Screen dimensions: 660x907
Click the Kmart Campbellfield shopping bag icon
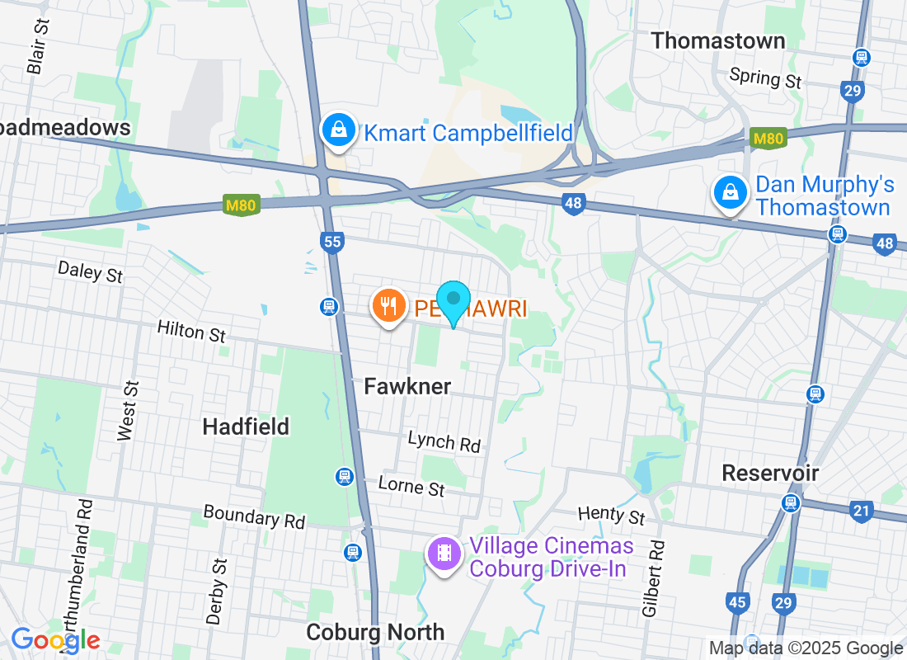tap(338, 130)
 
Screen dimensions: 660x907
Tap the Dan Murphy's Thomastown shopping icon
tap(730, 193)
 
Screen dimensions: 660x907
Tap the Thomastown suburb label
tap(717, 40)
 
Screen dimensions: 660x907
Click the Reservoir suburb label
tap(770, 473)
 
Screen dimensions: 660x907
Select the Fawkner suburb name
tap(407, 386)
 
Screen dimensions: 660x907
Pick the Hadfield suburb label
tap(246, 426)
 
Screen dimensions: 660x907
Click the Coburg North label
tap(375, 632)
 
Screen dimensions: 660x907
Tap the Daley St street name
tap(91, 271)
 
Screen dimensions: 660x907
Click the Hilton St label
tap(191, 332)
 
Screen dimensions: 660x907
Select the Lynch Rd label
tap(444, 441)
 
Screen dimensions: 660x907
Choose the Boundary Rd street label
tap(254, 517)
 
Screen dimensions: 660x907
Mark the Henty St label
tap(611, 516)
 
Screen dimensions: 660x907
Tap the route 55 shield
tap(332, 242)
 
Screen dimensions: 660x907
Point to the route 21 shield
tap(861, 511)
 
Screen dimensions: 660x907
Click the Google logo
tap(56, 640)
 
